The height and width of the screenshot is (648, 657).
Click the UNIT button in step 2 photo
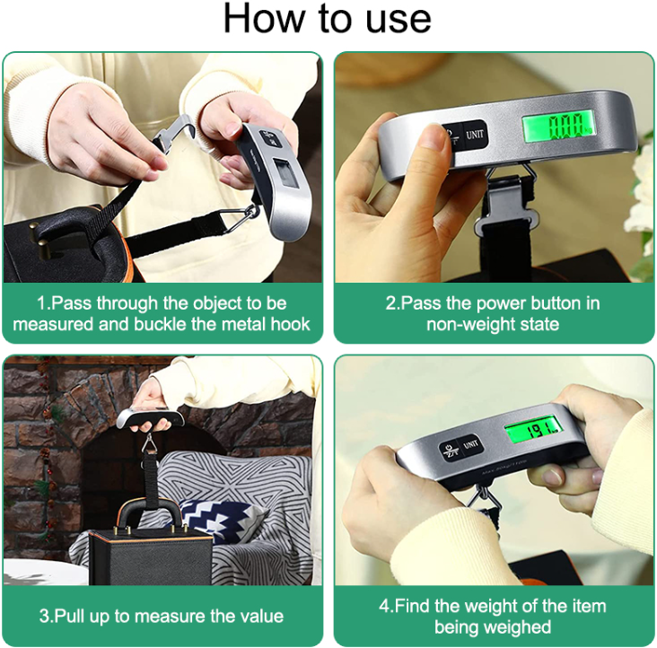point(475,136)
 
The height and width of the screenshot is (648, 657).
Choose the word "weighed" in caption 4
point(519,627)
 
